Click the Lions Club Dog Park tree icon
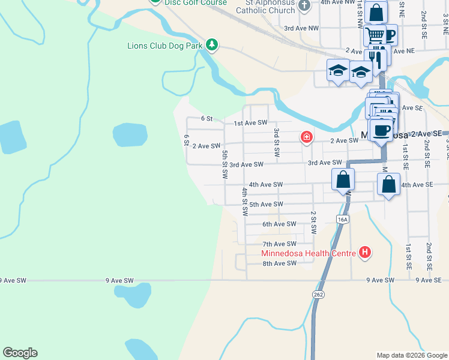pyautogui.click(x=211, y=44)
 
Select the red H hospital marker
pyautogui.click(x=364, y=253)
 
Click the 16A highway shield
pyautogui.click(x=343, y=220)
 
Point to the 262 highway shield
pyautogui.click(x=318, y=294)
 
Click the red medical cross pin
pyautogui.click(x=307, y=138)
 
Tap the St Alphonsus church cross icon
pyautogui.click(x=305, y=5)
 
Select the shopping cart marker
pyautogui.click(x=375, y=35)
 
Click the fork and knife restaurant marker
pyautogui.click(x=375, y=57)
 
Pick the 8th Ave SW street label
pyautogui.click(x=280, y=263)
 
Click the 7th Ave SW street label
pyautogui.click(x=280, y=244)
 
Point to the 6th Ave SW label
pyautogui.click(x=280, y=224)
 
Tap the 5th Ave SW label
pyautogui.click(x=266, y=205)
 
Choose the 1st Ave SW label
pyautogui.click(x=250, y=122)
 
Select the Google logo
pyautogui.click(x=20, y=353)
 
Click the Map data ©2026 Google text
pyautogui.click(x=411, y=355)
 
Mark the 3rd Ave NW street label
pyautogui.click(x=301, y=28)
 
